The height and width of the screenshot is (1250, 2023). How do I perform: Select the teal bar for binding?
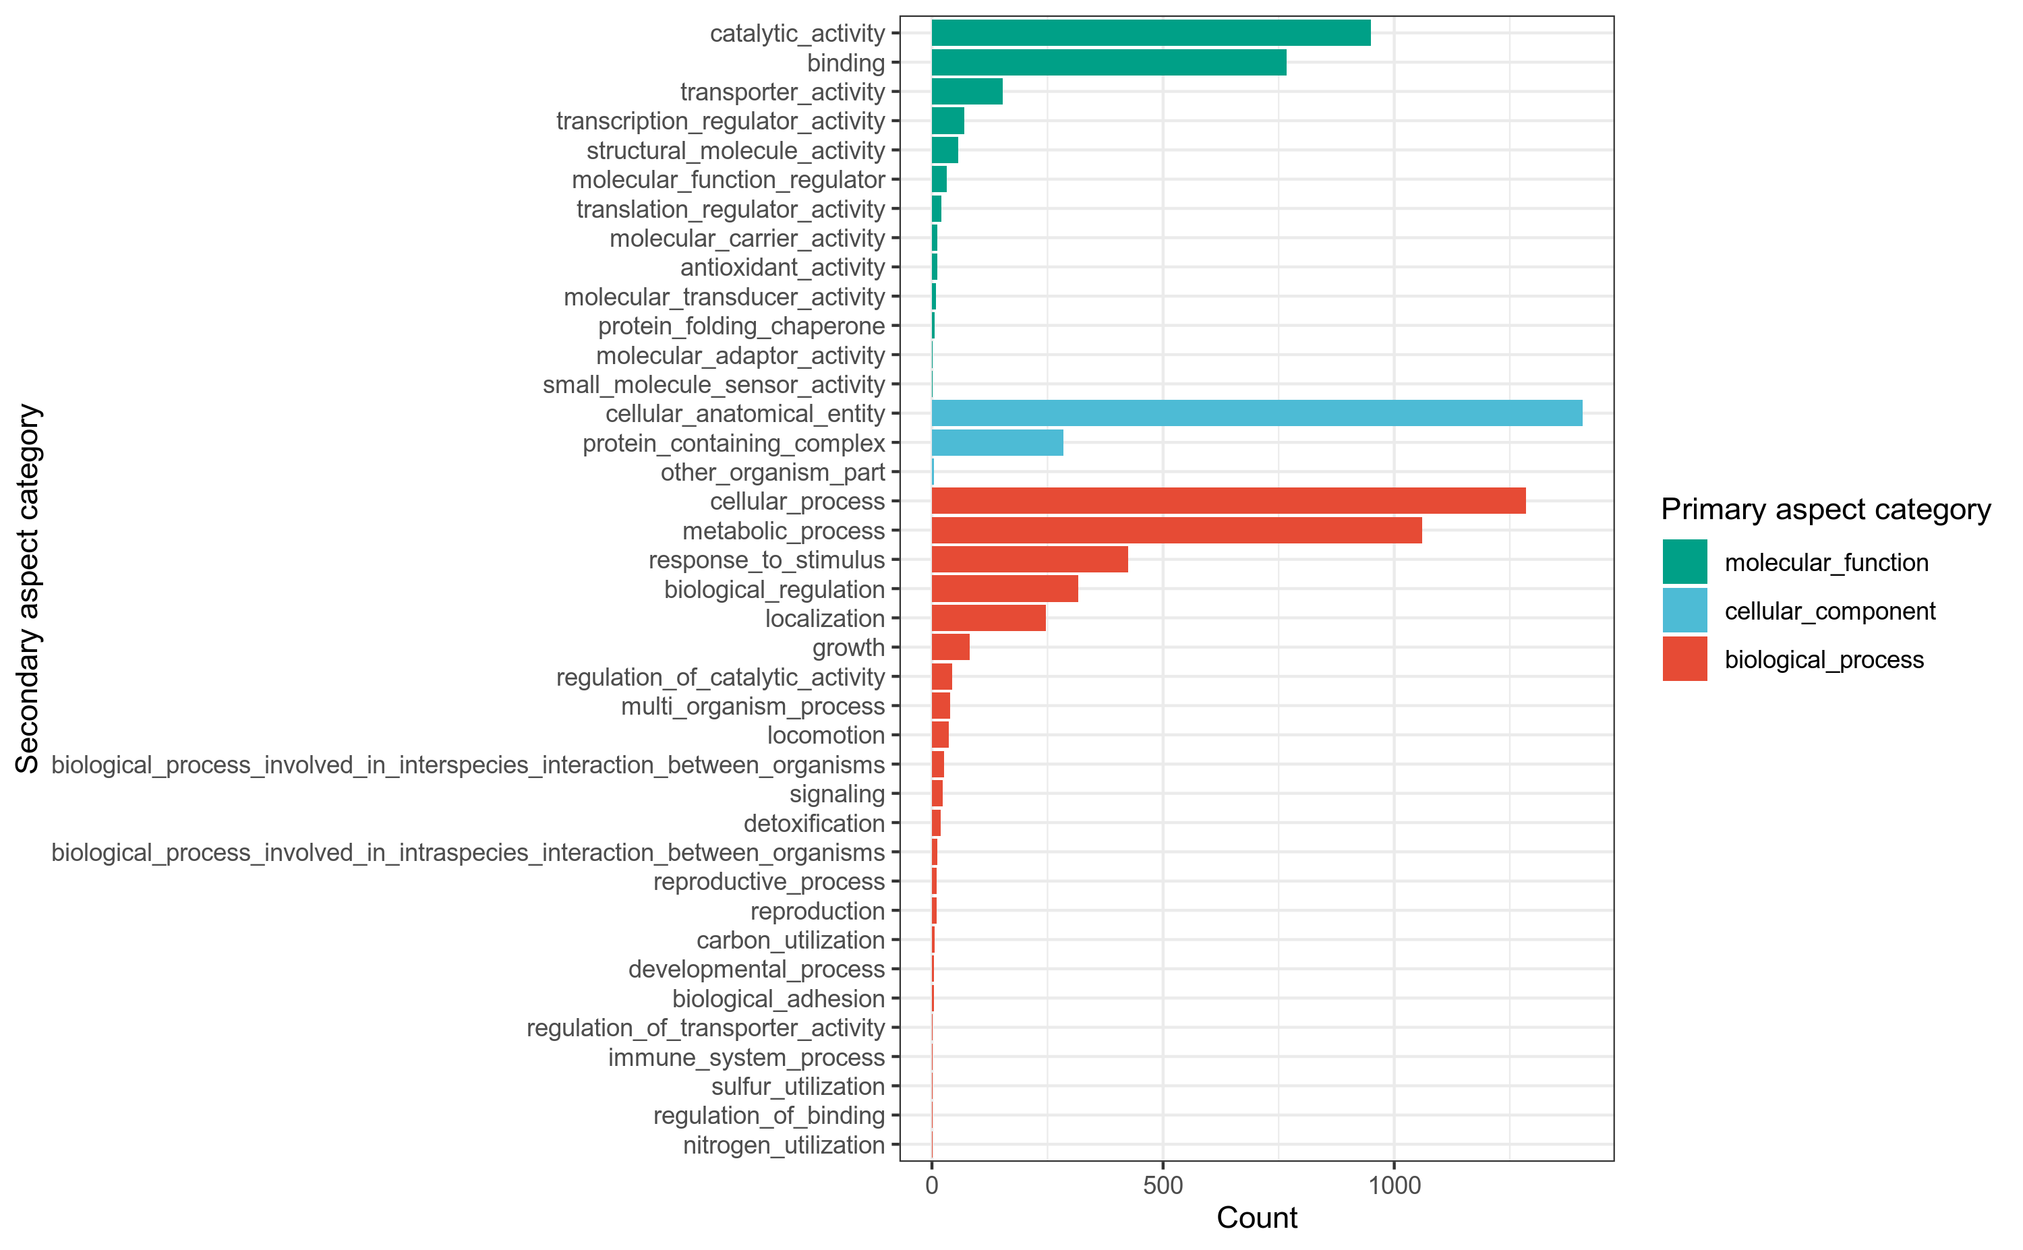pos(1108,63)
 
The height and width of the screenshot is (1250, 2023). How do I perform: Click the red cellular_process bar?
pos(1228,501)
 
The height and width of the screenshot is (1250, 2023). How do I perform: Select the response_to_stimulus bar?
pos(1029,560)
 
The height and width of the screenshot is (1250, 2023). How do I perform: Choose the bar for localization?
pos(988,618)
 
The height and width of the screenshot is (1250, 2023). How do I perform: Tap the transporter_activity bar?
pos(966,92)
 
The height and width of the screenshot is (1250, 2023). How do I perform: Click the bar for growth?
pos(950,647)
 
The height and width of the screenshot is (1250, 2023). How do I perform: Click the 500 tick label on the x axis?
pos(1163,1185)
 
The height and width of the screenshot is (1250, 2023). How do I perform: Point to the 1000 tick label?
pos(1394,1185)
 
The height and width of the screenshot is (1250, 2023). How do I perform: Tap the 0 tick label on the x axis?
pos(932,1185)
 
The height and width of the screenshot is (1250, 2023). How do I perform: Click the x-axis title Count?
pos(1257,1218)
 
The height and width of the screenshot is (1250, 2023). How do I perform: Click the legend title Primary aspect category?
pos(1825,509)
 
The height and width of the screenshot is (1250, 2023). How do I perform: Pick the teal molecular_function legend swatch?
pos(1684,562)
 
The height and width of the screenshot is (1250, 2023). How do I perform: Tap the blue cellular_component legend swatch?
pos(1684,611)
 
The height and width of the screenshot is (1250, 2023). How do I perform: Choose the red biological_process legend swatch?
pos(1684,659)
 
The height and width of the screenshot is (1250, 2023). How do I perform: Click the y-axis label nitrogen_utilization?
pos(783,1145)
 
